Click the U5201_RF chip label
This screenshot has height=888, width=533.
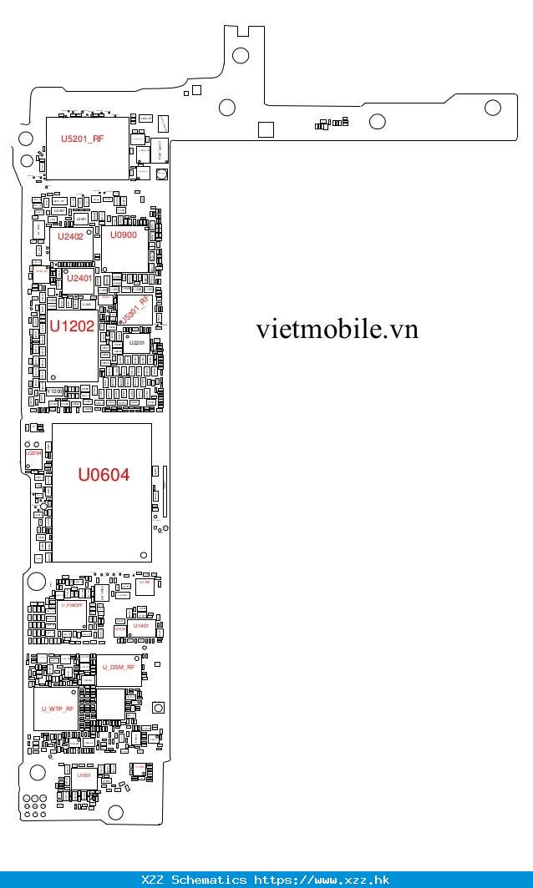[x=83, y=139]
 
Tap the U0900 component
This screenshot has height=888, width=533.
[x=123, y=235]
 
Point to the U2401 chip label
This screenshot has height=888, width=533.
[x=79, y=278]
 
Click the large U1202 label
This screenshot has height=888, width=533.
[x=71, y=326]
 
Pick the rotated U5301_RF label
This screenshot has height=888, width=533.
[x=135, y=309]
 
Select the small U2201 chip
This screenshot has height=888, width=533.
[x=137, y=343]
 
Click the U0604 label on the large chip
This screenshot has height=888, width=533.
[x=104, y=476]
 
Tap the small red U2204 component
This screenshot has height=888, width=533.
[x=33, y=453]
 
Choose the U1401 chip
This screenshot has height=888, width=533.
[x=141, y=625]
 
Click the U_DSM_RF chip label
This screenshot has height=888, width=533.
[x=119, y=668]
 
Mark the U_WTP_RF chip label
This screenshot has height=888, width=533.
[x=58, y=709]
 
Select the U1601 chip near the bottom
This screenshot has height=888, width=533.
[x=84, y=775]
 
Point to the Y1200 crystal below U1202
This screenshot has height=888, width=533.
[x=54, y=391]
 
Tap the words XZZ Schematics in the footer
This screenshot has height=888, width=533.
[x=194, y=880]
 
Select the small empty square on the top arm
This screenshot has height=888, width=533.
[x=266, y=129]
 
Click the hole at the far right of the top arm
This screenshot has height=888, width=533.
[x=492, y=108]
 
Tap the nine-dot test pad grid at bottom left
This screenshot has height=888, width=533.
[x=34, y=807]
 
